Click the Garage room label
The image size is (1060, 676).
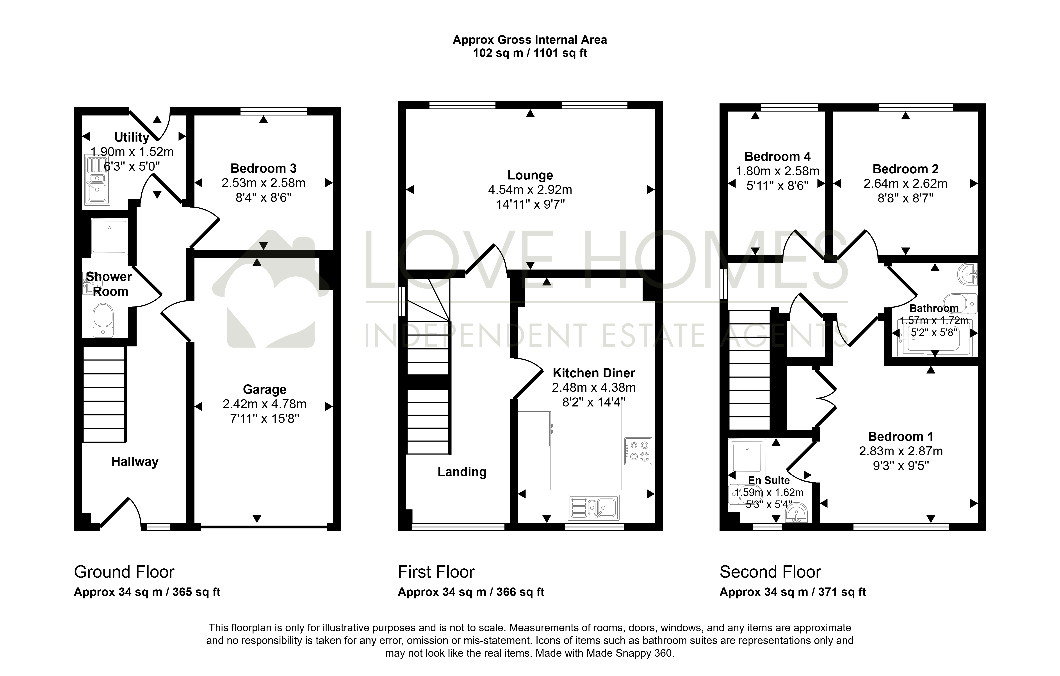pos(265,389)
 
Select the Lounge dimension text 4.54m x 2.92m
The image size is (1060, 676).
pos(530,190)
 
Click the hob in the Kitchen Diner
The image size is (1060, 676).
pos(638,451)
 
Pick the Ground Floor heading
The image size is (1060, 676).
pos(124,572)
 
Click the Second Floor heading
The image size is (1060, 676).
pos(770,572)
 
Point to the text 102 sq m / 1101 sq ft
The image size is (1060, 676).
pos(530,53)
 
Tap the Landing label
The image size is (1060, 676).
pos(462,472)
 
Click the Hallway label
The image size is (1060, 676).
pos(135,462)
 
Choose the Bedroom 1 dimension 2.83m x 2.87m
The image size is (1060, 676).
pos(901,451)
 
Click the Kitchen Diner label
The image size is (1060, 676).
pos(594,373)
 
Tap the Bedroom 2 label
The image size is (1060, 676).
pos(905,169)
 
